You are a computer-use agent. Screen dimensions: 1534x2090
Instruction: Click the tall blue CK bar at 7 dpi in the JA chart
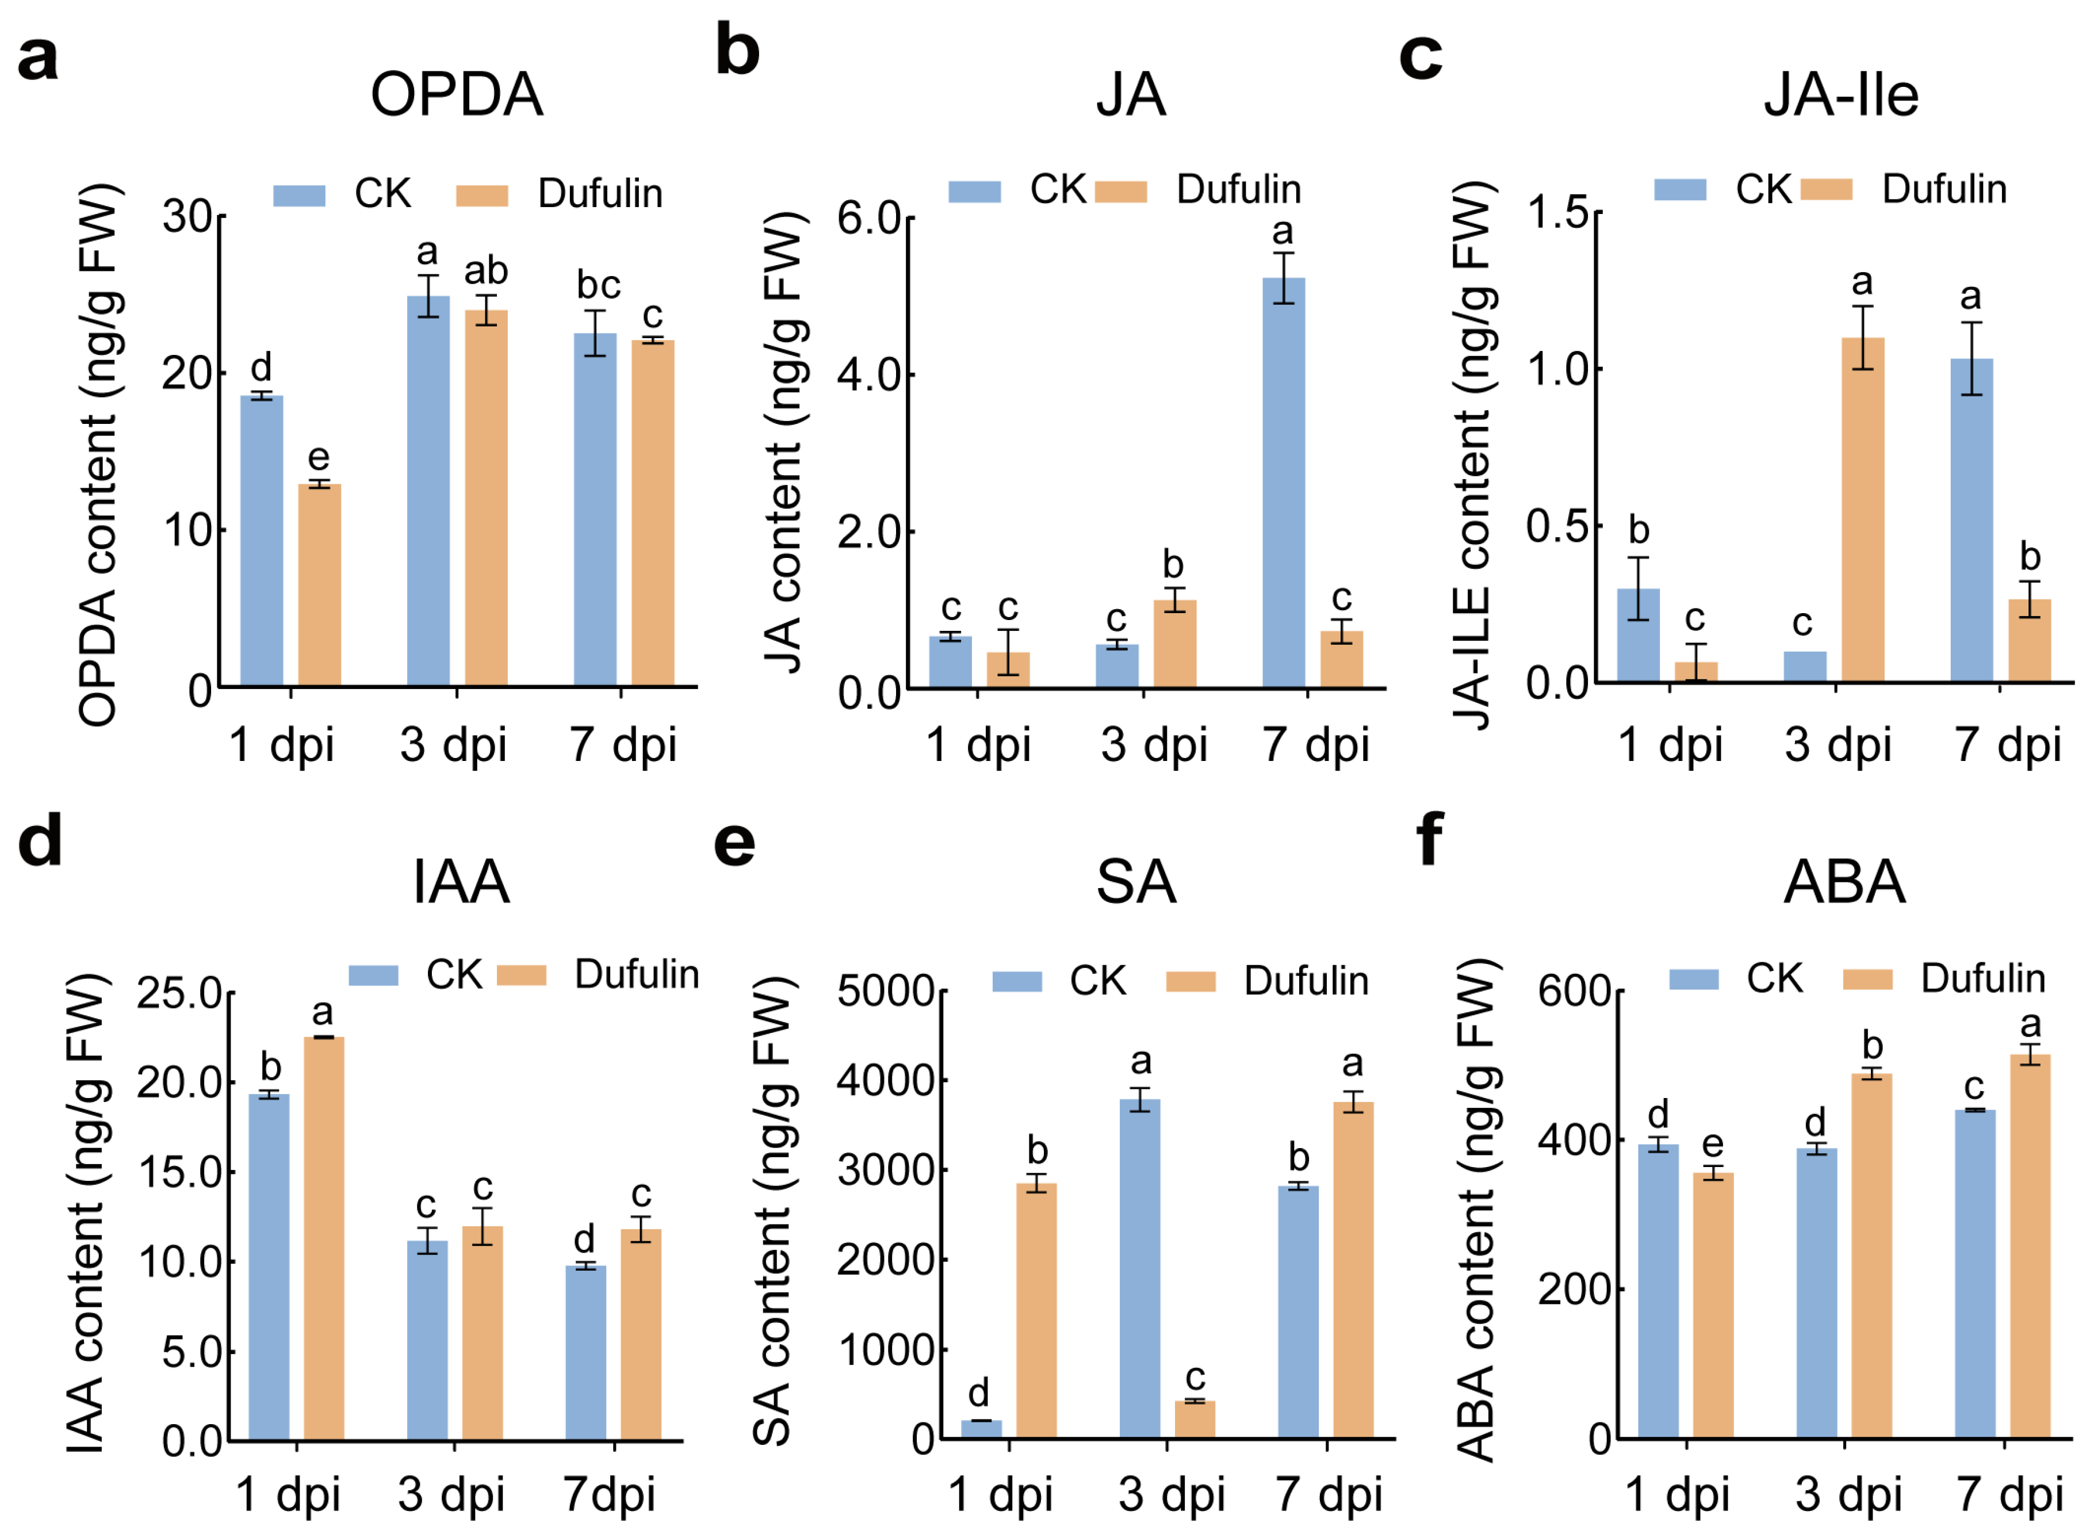[x=1283, y=483]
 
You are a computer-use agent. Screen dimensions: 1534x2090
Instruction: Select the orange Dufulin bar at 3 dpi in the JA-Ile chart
[x=1862, y=511]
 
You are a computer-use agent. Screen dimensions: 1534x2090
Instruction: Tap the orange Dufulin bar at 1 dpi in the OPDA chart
[x=319, y=585]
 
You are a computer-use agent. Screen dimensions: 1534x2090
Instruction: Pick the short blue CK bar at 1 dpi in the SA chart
[x=981, y=1429]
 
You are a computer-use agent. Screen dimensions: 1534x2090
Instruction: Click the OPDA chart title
[x=456, y=95]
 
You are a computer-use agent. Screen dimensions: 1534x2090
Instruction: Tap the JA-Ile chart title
[x=1840, y=95]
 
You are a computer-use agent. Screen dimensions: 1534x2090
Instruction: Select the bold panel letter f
[x=1431, y=839]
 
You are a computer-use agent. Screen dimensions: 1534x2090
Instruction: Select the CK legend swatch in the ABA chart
[x=1694, y=980]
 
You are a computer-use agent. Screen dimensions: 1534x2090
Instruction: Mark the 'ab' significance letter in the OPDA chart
[x=485, y=271]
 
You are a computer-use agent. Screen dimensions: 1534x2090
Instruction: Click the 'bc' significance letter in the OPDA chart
[x=598, y=285]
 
